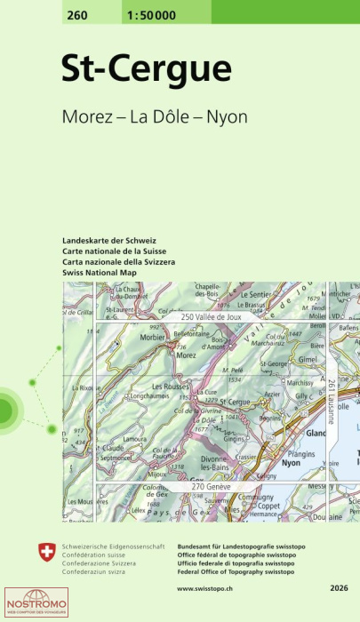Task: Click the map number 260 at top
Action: [x=76, y=11]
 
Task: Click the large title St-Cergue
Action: [x=146, y=68]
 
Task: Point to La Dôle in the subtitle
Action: [x=162, y=117]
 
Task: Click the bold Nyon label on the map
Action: [x=291, y=463]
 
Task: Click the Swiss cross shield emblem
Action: [x=47, y=552]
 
